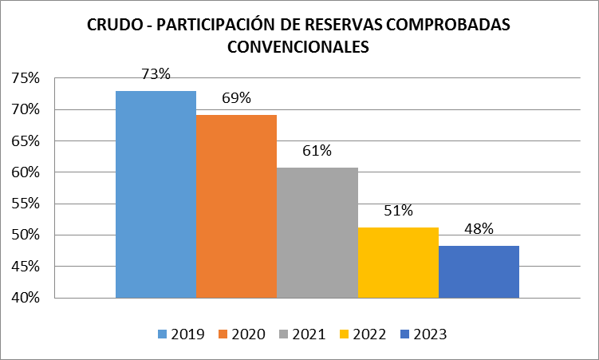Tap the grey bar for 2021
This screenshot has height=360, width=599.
pyautogui.click(x=317, y=232)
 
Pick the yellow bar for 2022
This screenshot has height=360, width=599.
pyautogui.click(x=398, y=263)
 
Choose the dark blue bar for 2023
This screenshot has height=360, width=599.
pyautogui.click(x=479, y=271)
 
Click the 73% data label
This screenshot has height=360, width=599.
pyautogui.click(x=156, y=74)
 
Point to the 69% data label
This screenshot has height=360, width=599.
pyautogui.click(x=236, y=98)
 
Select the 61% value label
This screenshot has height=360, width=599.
pyautogui.click(x=317, y=151)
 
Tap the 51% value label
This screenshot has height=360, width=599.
pyautogui.click(x=398, y=211)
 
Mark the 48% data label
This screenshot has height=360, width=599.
pyautogui.click(x=479, y=229)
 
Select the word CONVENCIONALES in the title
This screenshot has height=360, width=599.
pyautogui.click(x=298, y=47)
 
